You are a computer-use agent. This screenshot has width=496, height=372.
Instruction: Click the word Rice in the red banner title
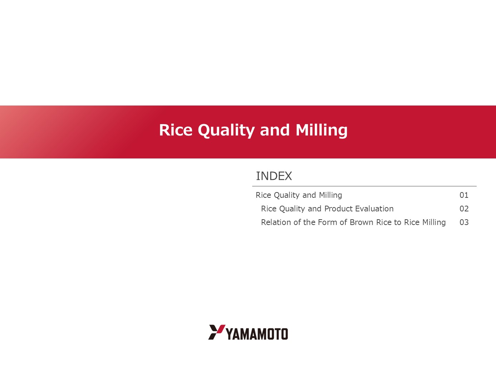[x=176, y=130]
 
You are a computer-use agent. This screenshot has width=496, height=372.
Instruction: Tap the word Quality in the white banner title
[x=226, y=131]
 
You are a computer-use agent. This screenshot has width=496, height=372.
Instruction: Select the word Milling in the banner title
[x=321, y=131]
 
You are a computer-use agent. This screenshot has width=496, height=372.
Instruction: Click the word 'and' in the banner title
[x=275, y=130]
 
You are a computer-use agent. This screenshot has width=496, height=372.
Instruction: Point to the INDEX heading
[x=274, y=176]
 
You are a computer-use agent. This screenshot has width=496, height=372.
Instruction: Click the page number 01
[x=464, y=195]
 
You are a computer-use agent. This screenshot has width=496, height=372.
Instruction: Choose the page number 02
[x=464, y=209]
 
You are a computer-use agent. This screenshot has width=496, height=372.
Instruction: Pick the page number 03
[x=464, y=222]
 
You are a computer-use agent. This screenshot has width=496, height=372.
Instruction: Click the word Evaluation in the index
[x=374, y=209]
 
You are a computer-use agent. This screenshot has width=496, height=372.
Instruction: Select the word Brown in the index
[x=362, y=222]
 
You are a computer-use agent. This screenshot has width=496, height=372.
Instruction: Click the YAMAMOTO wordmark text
[x=257, y=334]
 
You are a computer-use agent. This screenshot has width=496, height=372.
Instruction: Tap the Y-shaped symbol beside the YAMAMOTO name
[x=217, y=332]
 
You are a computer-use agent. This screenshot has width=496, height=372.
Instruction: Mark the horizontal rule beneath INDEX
[x=364, y=186]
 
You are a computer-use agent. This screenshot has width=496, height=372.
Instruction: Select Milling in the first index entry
[x=330, y=195]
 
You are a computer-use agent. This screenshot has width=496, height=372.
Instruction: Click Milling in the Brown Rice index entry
[x=434, y=222]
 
